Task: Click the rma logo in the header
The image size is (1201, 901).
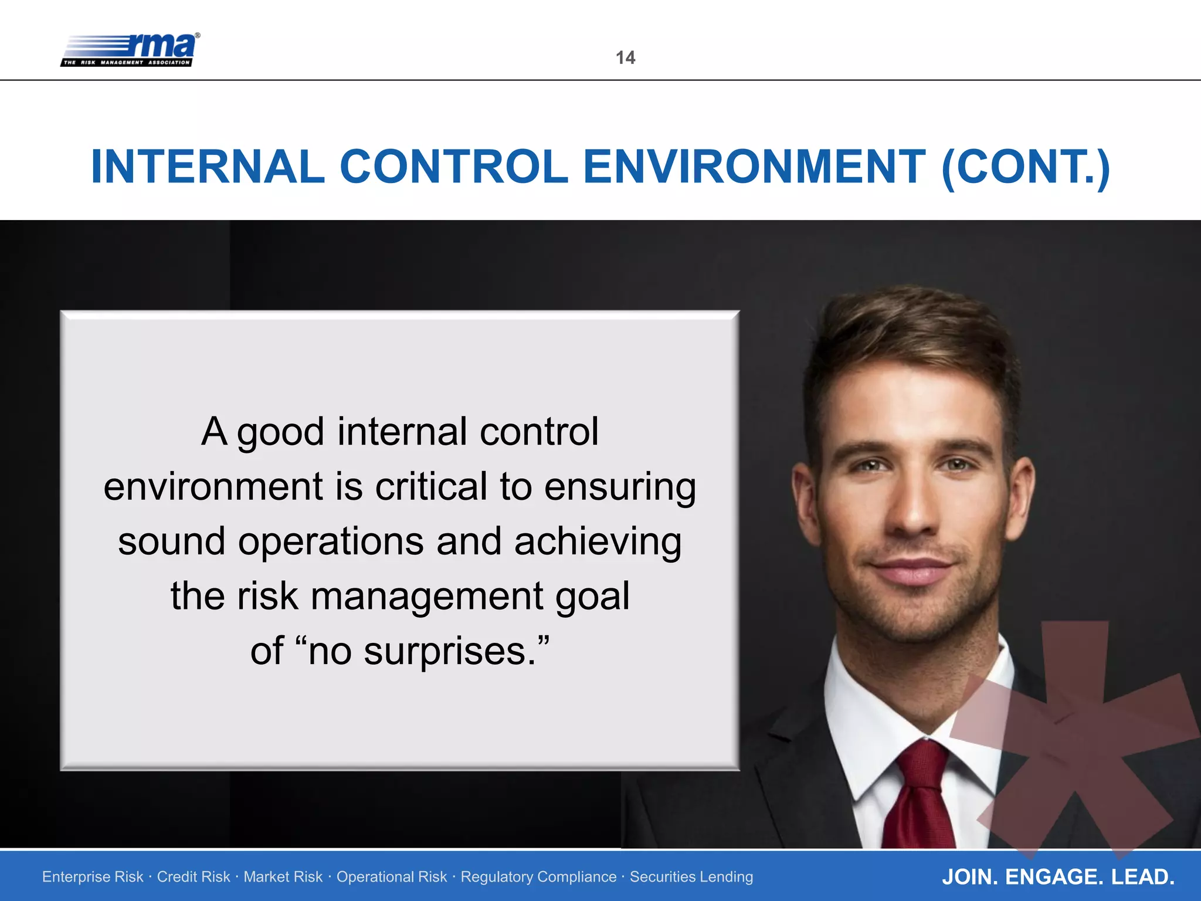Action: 130,49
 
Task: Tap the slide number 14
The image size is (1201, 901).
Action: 625,57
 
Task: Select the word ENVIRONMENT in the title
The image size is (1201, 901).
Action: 754,167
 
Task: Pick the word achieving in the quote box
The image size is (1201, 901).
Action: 598,541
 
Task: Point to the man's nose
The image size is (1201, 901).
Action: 912,516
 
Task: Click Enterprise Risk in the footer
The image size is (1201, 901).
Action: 93,877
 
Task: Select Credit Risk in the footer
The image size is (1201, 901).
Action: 194,877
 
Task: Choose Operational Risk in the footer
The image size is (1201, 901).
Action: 391,877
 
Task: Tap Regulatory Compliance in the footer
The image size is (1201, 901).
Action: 538,877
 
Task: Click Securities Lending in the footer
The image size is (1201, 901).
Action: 691,877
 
